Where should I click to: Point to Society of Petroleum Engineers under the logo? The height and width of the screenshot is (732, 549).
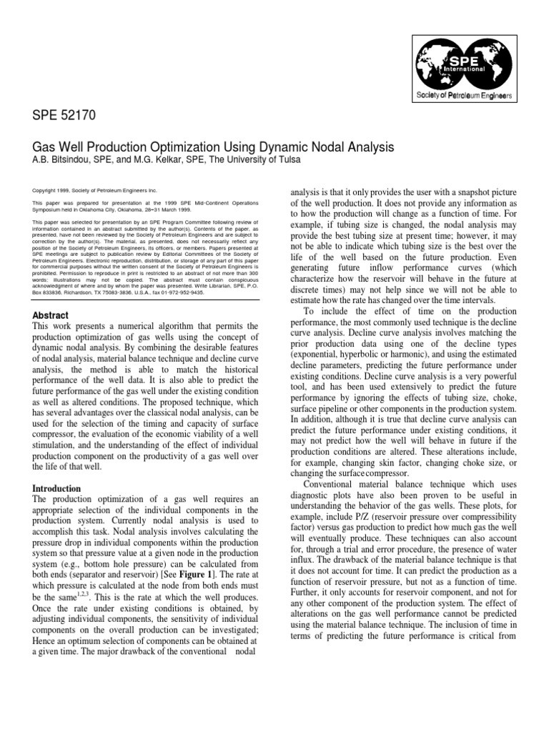[x=468, y=95]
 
